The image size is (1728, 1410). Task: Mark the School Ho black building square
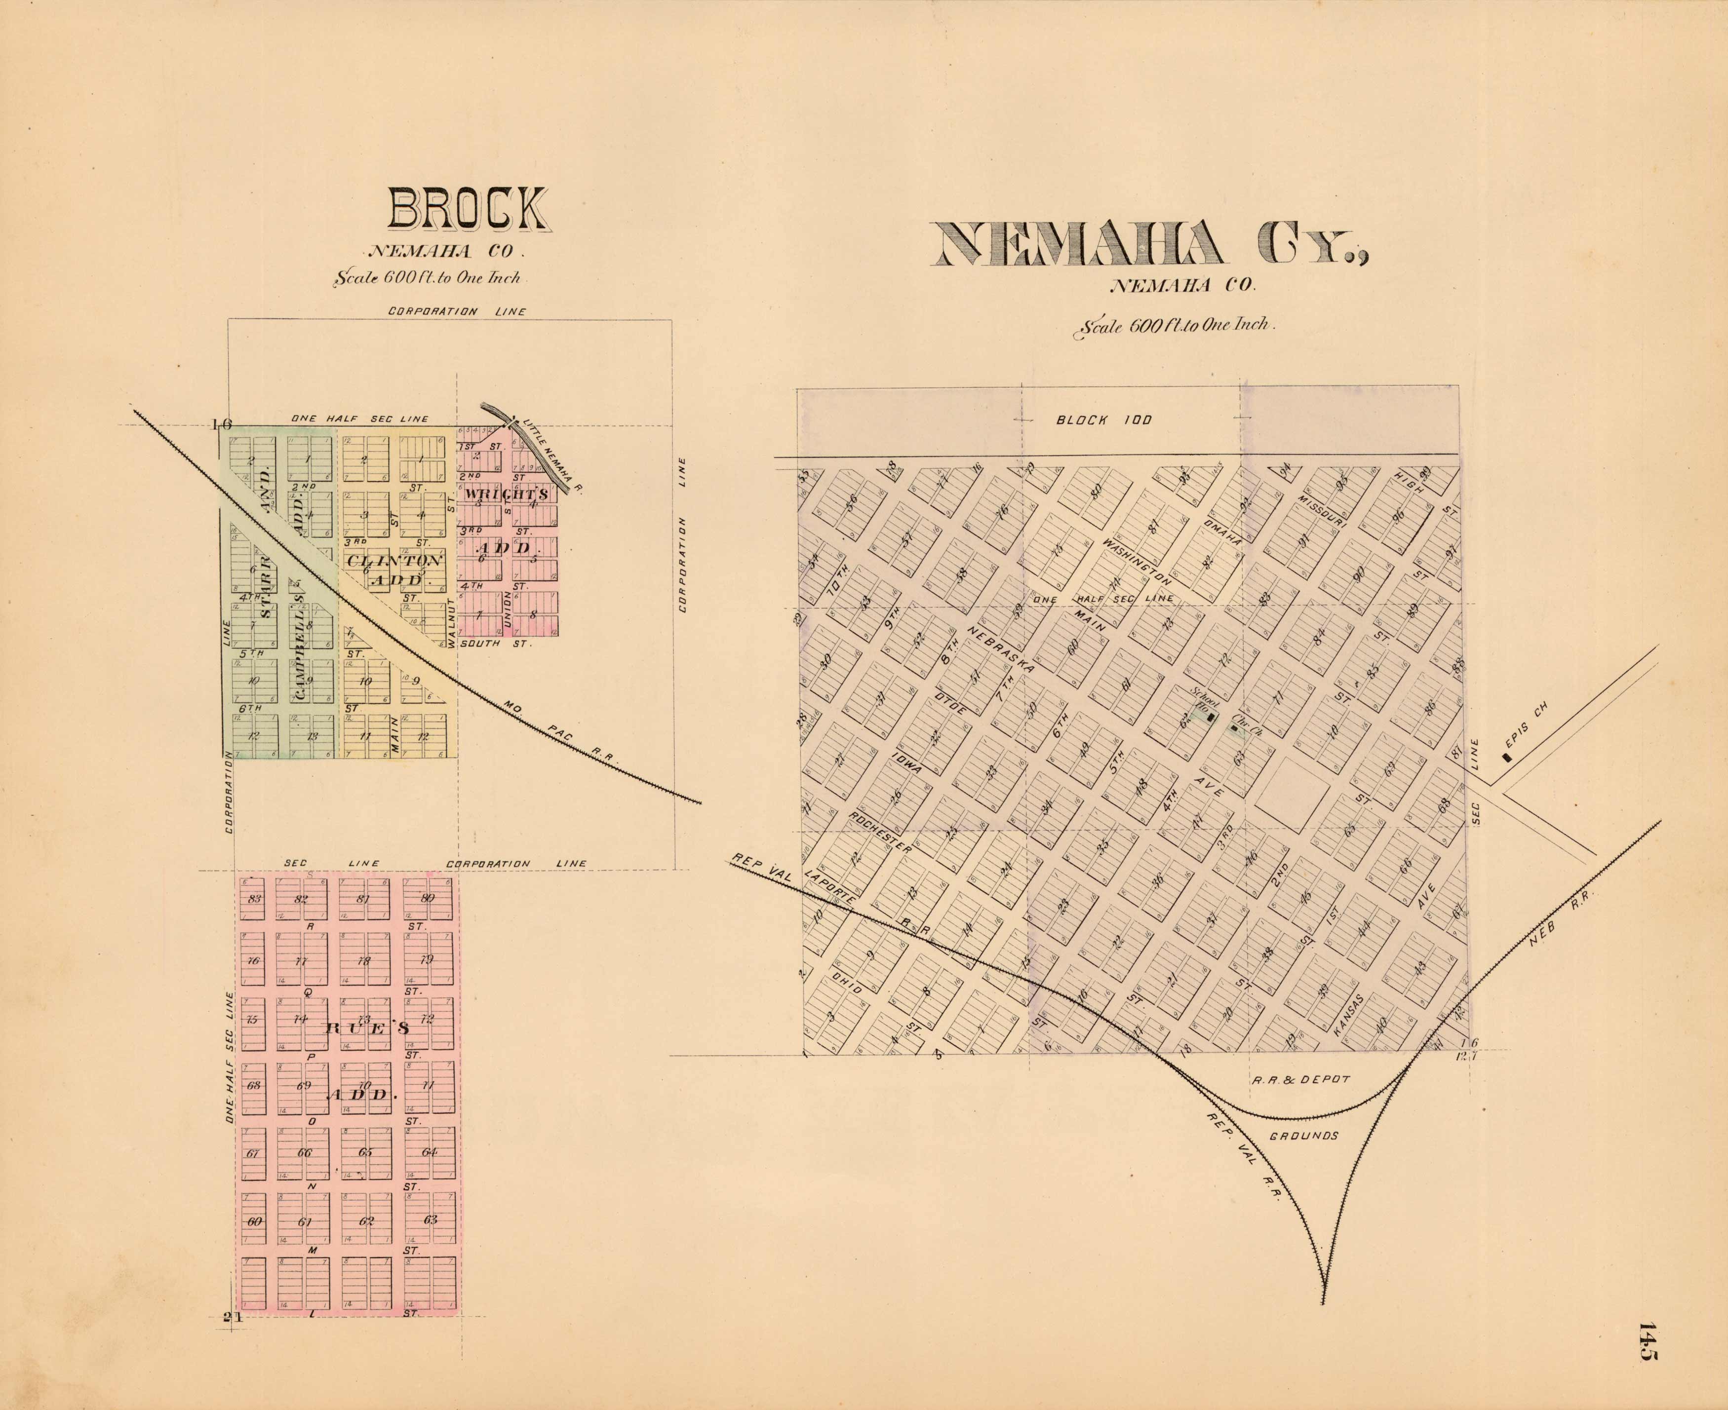click(x=1211, y=717)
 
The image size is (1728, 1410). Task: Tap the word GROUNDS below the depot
click(x=1303, y=1136)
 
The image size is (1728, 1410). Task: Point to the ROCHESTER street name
click(x=881, y=832)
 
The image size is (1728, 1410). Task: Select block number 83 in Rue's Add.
click(x=255, y=898)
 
